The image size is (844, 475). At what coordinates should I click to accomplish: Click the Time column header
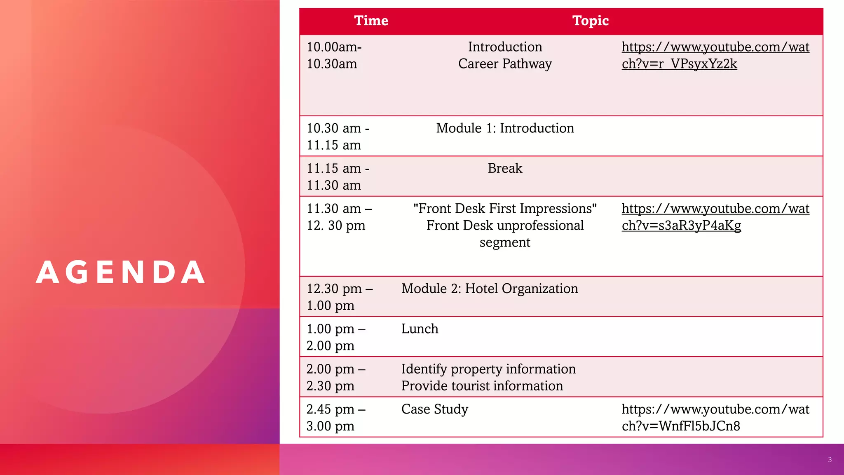(x=371, y=21)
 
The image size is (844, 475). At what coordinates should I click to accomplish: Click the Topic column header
(x=591, y=21)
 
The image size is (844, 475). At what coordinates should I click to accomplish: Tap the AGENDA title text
(x=120, y=272)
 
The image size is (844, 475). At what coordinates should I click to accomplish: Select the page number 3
(x=830, y=460)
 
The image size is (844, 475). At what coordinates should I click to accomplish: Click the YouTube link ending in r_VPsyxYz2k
(x=715, y=55)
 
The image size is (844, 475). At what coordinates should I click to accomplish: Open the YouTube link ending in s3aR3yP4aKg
(x=715, y=217)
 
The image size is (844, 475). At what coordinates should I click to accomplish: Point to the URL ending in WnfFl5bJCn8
(x=715, y=417)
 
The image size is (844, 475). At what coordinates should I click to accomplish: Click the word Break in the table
(x=505, y=168)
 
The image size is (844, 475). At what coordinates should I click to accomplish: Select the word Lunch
(x=420, y=329)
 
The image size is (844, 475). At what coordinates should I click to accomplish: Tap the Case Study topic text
(x=435, y=409)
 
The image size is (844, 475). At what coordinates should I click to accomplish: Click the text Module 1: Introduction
(x=505, y=128)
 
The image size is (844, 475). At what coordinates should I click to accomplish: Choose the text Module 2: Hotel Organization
(x=490, y=289)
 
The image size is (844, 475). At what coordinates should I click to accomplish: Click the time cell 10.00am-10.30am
(x=334, y=55)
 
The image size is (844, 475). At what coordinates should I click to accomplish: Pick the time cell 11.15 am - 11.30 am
(x=338, y=176)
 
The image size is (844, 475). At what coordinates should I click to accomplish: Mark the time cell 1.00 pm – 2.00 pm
(x=336, y=337)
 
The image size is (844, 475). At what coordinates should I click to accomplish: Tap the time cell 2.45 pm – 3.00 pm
(x=336, y=418)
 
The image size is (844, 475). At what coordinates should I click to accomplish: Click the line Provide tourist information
(x=482, y=386)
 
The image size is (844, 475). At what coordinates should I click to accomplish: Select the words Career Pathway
(x=505, y=64)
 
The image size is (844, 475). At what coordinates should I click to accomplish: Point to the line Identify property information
(x=488, y=369)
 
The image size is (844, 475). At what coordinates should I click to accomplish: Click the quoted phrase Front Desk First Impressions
(x=505, y=209)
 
